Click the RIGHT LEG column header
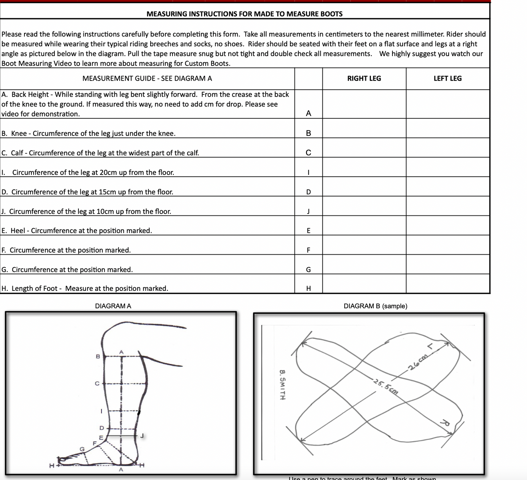coord(364,78)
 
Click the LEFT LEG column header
coord(447,78)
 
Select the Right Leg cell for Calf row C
coord(364,148)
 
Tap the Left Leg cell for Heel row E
coord(448,226)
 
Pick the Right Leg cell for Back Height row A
coord(364,104)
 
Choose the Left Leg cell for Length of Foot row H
coord(448,284)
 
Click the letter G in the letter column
coord(309,270)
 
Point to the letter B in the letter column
coord(309,133)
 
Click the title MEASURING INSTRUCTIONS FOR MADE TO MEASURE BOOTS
coord(244,14)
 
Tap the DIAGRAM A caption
coord(113,306)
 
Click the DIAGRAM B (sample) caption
coord(375,306)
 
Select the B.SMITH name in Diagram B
coord(282,385)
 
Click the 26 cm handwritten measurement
coord(418,362)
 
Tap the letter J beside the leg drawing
coord(142,436)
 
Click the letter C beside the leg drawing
coord(97,383)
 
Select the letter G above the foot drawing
coord(82,449)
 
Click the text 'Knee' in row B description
coord(19,133)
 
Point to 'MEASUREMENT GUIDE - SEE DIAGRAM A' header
coord(147,78)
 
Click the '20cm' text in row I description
coord(108,172)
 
